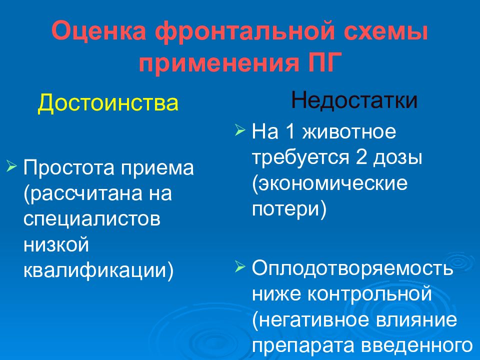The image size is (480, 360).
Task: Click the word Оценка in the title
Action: pos(99,31)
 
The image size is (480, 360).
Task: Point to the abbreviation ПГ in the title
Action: pos(324,62)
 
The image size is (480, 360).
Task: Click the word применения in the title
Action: pos(218,63)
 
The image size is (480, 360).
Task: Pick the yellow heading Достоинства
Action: pos(108,103)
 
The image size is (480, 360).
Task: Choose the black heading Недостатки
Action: pos(354,100)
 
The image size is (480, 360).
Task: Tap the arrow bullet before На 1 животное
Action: pos(240,130)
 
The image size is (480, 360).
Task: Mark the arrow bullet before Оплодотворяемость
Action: pos(240,266)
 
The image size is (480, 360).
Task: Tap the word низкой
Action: pos(56,244)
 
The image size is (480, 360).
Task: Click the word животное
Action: pos(349,132)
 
